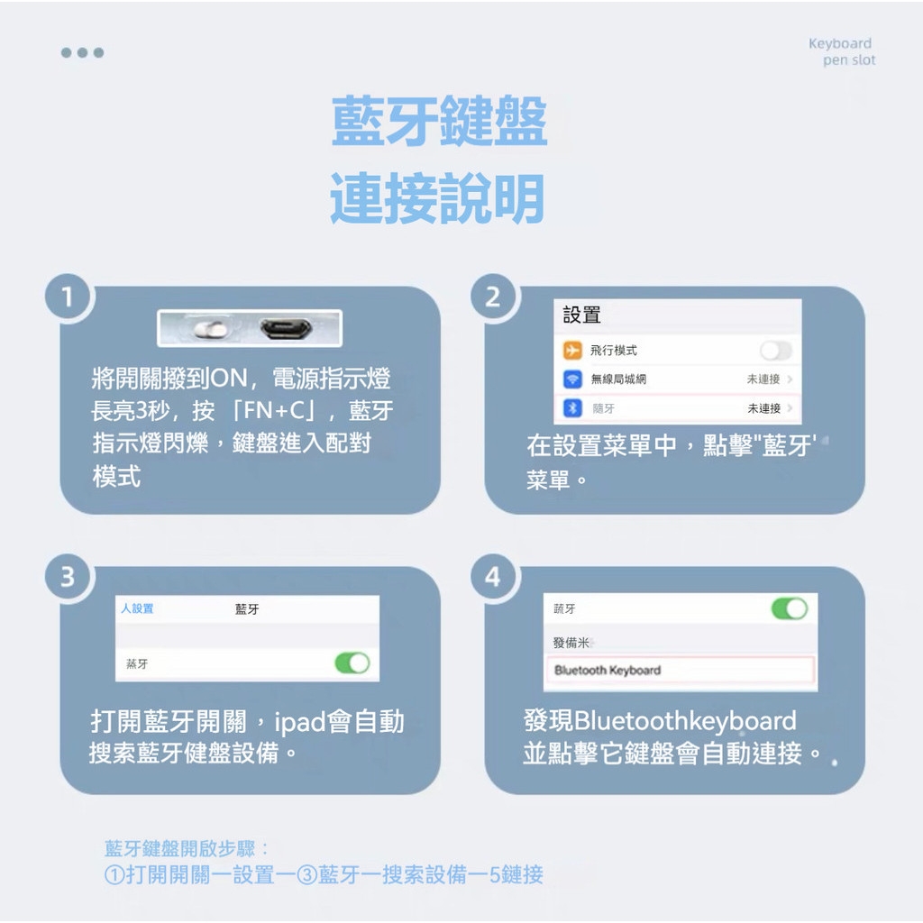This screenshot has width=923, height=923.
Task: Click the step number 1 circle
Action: click(x=67, y=297)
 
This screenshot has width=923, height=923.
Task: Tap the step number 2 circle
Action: click(x=492, y=297)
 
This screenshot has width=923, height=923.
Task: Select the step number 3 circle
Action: click(x=67, y=577)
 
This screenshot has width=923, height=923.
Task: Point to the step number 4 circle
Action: click(x=492, y=577)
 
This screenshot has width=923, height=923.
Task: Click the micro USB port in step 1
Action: click(x=286, y=329)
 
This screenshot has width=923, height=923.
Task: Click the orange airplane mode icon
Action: click(x=572, y=351)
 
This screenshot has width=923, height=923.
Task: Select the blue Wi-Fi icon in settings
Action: click(x=572, y=379)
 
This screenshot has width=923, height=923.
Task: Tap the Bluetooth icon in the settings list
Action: click(x=572, y=408)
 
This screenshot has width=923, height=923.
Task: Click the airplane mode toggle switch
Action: click(x=775, y=351)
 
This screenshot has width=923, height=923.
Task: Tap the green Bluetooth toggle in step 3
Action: click(x=352, y=663)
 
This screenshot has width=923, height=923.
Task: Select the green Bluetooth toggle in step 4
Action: click(x=789, y=609)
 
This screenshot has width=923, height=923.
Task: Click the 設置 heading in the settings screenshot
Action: click(x=581, y=315)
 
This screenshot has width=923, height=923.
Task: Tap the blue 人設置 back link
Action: click(x=137, y=609)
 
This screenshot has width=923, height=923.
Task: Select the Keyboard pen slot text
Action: click(x=842, y=52)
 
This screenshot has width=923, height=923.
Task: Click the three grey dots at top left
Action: click(x=82, y=52)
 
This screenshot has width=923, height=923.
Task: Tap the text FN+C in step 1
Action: click(x=278, y=412)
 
